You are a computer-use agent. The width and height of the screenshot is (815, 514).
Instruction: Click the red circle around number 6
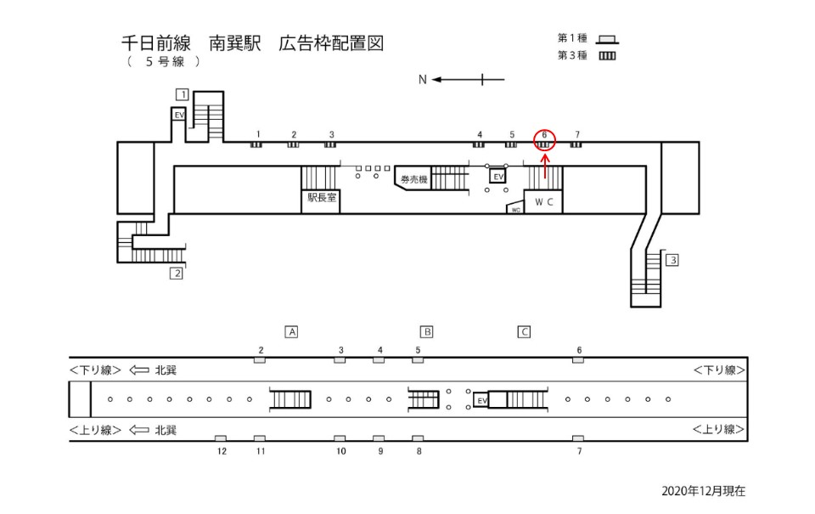pos(544,140)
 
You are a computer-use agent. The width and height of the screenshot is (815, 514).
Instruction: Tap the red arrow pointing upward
pos(544,166)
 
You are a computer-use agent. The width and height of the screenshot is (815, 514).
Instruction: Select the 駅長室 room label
pos(322,197)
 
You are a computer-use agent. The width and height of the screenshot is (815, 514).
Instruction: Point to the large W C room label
pos(544,202)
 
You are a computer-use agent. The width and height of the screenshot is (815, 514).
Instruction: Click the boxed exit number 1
pos(182,93)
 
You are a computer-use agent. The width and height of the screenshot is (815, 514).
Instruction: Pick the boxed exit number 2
pos(176,273)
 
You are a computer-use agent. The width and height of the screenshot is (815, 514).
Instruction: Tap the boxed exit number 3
pos(672,260)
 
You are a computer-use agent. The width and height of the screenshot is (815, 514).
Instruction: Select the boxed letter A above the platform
pos(291,332)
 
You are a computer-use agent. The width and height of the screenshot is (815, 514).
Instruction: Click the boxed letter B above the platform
pos(427,332)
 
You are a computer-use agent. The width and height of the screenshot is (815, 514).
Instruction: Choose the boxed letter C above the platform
pos(524,332)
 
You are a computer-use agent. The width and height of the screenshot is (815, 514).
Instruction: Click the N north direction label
pos(422,80)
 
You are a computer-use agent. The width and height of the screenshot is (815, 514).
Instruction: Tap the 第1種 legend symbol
pos(607,39)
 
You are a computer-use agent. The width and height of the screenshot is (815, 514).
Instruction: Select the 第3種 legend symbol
pos(607,56)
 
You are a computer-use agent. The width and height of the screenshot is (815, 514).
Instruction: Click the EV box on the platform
pos(481,400)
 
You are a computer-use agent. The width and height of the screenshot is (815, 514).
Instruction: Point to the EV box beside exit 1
pos(179,114)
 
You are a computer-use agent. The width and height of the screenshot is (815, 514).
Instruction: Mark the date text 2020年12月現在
pos(703,491)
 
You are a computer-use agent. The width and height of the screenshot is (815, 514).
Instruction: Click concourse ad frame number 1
pos(256,144)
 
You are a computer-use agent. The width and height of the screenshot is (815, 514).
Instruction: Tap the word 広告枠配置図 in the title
pos(330,43)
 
